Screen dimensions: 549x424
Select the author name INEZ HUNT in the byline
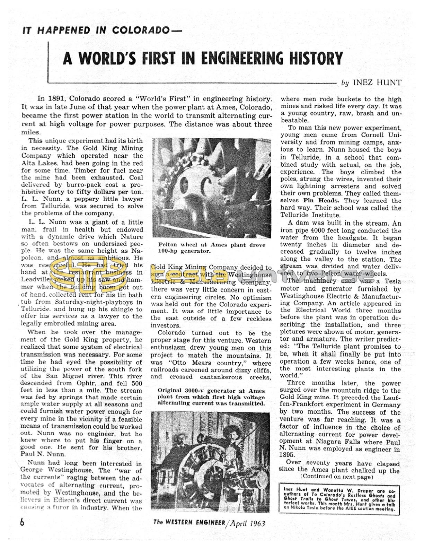377,82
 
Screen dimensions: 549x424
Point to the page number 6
22,522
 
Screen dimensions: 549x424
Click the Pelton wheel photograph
212,188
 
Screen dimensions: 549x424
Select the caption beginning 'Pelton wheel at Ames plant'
211,247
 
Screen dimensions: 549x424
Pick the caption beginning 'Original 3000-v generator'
211,397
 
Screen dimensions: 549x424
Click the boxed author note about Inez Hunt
338,499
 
